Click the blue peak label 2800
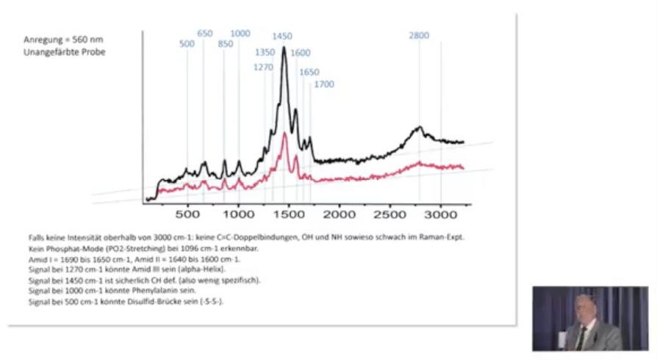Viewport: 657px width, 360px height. (x=420, y=36)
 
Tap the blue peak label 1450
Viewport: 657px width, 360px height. (x=282, y=36)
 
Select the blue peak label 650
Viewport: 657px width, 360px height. (x=205, y=34)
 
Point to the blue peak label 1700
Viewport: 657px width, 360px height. (x=324, y=84)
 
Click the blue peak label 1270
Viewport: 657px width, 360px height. (x=263, y=67)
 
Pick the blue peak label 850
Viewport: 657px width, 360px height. (x=226, y=43)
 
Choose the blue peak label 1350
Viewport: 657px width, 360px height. (x=265, y=53)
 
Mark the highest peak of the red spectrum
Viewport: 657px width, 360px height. (x=284, y=133)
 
